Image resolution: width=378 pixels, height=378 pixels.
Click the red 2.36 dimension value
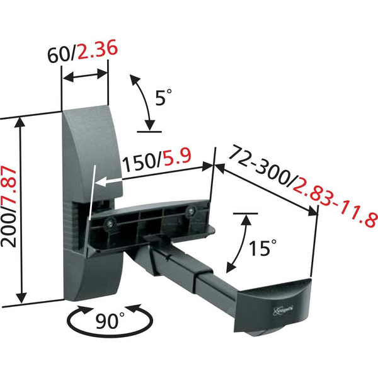point(98,50)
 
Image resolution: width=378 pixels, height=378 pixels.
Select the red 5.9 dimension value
point(177,157)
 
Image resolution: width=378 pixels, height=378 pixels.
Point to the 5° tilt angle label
point(164,97)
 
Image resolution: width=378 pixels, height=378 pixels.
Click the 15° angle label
point(263,248)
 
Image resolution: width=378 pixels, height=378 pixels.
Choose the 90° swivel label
point(110,321)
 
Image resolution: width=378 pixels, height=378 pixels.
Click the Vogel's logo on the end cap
point(283,309)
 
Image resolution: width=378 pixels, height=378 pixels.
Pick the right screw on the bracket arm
point(190,210)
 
